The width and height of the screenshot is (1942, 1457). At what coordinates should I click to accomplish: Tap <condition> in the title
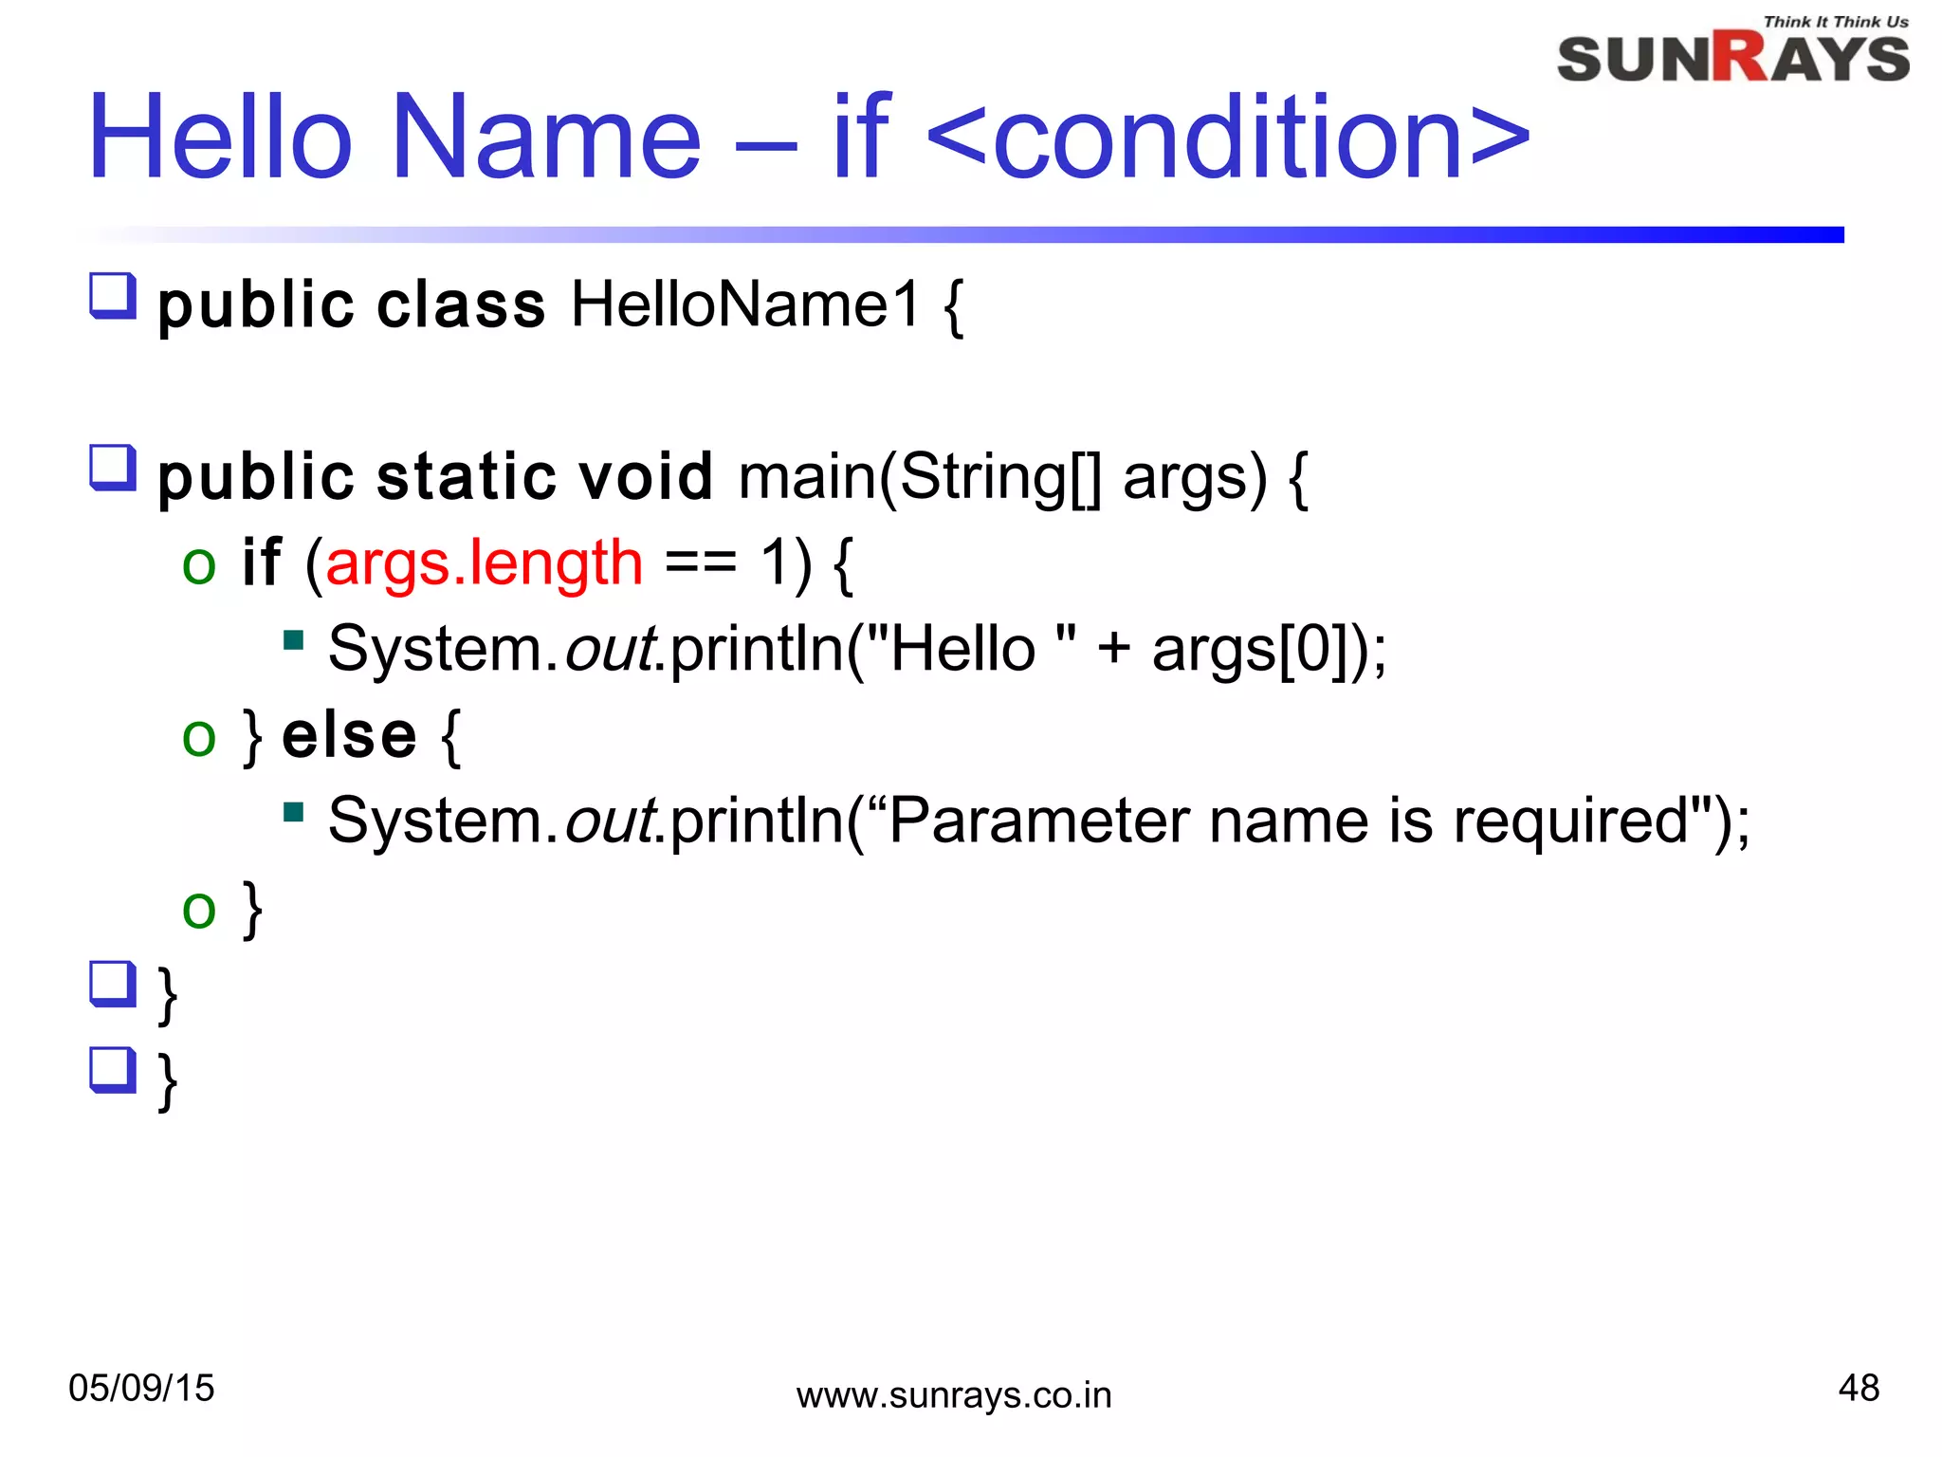tap(1228, 138)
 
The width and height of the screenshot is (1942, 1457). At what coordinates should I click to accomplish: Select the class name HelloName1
tap(745, 305)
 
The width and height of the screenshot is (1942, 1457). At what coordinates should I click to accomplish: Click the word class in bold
tap(461, 305)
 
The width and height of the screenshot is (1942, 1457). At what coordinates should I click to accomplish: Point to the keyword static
tap(465, 476)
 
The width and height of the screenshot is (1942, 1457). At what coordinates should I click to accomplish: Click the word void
tap(645, 476)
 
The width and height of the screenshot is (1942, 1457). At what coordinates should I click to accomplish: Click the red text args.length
tap(484, 563)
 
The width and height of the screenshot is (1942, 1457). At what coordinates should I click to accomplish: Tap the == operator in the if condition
tap(701, 563)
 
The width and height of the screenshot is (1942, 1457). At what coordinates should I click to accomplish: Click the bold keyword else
tap(349, 736)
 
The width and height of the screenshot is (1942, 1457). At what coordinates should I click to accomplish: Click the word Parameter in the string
tap(1038, 821)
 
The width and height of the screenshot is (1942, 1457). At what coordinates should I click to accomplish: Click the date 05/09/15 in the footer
tap(141, 1388)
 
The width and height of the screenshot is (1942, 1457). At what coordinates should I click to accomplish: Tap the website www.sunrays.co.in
tap(953, 1395)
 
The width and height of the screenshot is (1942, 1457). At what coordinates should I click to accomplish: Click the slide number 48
tap(1858, 1388)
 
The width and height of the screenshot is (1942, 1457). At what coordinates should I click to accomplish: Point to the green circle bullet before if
tap(199, 566)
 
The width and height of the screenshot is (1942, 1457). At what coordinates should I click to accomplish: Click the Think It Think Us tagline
tap(1835, 21)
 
